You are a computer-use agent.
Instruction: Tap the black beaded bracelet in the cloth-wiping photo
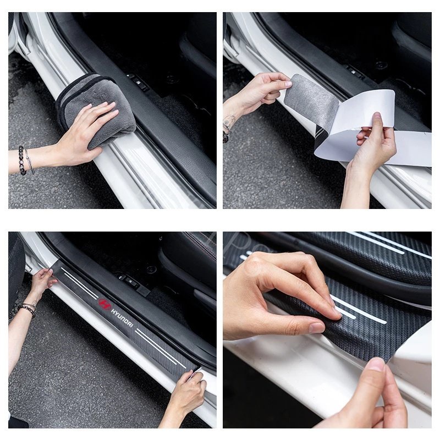[x=22, y=160]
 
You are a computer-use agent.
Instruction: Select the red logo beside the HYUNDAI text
[x=104, y=304]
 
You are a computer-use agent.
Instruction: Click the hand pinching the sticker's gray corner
[x=261, y=91]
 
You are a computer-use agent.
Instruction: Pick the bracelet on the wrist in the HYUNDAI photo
[x=26, y=309]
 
